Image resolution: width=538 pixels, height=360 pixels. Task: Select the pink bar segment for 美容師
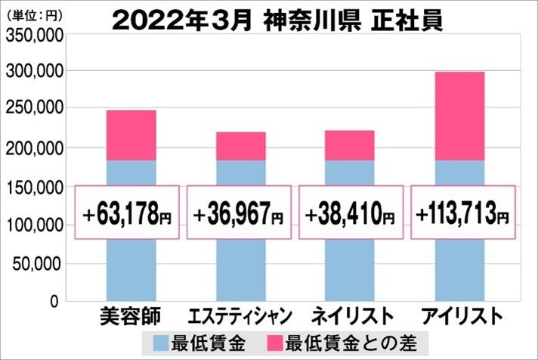[x=131, y=135]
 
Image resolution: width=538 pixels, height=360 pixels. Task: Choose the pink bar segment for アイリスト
[x=459, y=116]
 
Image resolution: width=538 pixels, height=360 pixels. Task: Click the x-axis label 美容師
[x=129, y=315]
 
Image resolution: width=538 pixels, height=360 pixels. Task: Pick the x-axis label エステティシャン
[x=238, y=315]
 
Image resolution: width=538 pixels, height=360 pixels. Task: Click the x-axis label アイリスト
[x=460, y=315]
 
